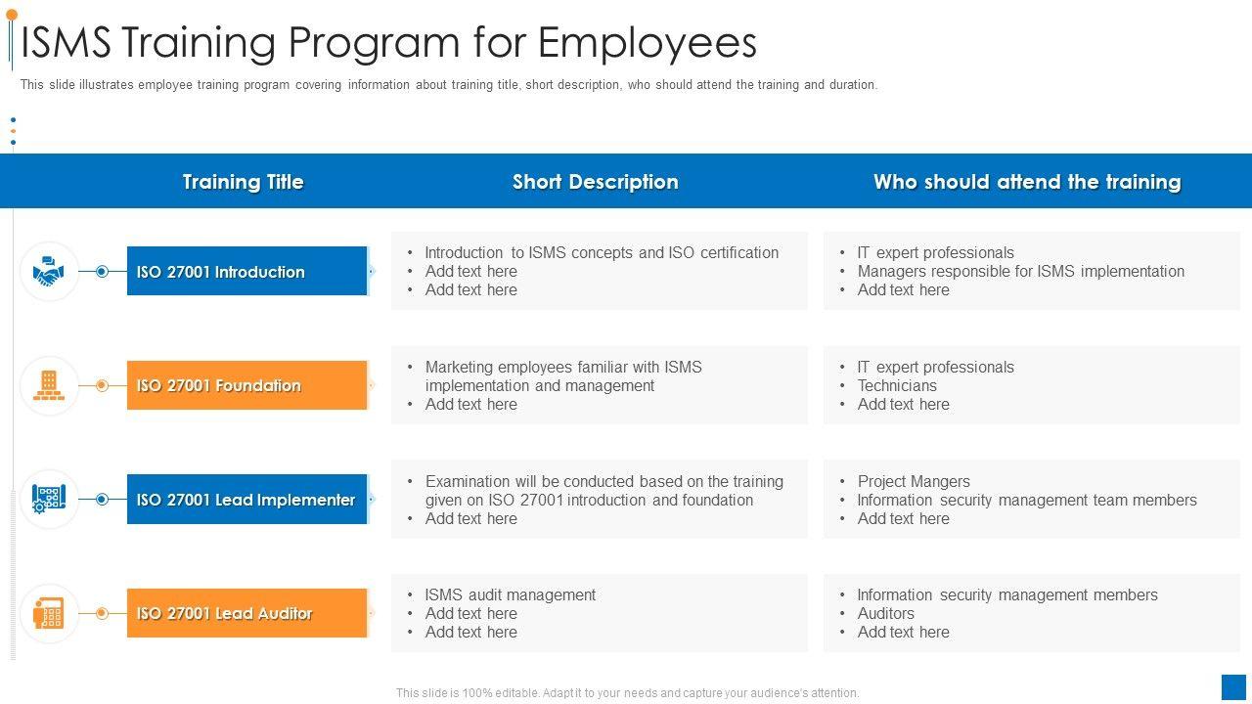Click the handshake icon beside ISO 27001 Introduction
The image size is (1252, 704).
(x=48, y=271)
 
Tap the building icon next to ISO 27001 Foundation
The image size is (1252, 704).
(x=48, y=385)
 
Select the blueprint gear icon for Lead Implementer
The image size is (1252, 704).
(x=48, y=499)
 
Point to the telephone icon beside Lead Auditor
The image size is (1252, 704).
(x=48, y=613)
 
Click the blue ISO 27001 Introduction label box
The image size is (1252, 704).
(x=246, y=271)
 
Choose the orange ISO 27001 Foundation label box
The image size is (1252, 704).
(x=246, y=385)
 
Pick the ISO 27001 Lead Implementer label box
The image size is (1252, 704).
(x=246, y=500)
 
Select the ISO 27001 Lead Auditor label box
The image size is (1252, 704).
(x=246, y=613)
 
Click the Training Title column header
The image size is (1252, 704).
(x=243, y=182)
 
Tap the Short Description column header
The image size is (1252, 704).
(x=595, y=182)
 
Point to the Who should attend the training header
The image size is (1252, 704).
(x=1027, y=182)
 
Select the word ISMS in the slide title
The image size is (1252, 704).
(x=67, y=43)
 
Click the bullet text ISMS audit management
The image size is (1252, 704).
(x=510, y=594)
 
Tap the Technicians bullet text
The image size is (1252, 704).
(x=897, y=385)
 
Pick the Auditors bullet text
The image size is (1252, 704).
(x=886, y=613)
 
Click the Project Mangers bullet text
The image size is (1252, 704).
(x=914, y=481)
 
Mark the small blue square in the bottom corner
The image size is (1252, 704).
(x=1233, y=686)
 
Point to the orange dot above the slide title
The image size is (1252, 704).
(x=12, y=15)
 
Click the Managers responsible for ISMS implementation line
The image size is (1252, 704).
(x=1020, y=271)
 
